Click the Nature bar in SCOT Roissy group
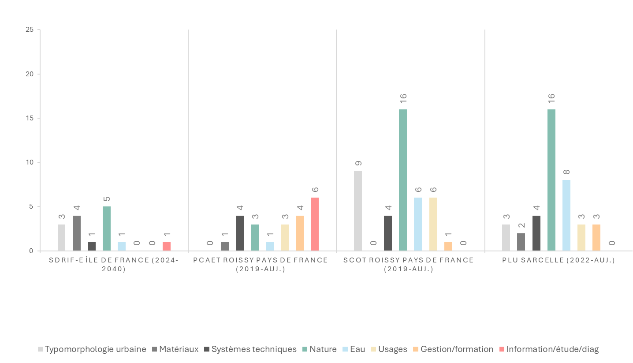(402, 180)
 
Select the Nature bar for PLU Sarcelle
(551, 180)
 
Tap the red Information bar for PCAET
(315, 224)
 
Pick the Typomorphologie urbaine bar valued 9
(358, 211)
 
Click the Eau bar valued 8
(566, 215)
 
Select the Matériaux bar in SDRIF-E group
(77, 233)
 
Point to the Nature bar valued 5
(107, 228)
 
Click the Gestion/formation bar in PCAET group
(300, 233)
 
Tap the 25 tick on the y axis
(30, 30)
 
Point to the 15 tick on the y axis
(30, 118)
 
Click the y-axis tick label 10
(30, 162)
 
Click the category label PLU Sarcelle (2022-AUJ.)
(558, 260)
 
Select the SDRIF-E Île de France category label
(114, 264)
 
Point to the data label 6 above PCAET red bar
(315, 190)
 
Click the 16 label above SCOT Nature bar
(403, 98)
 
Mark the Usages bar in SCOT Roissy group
(433, 224)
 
